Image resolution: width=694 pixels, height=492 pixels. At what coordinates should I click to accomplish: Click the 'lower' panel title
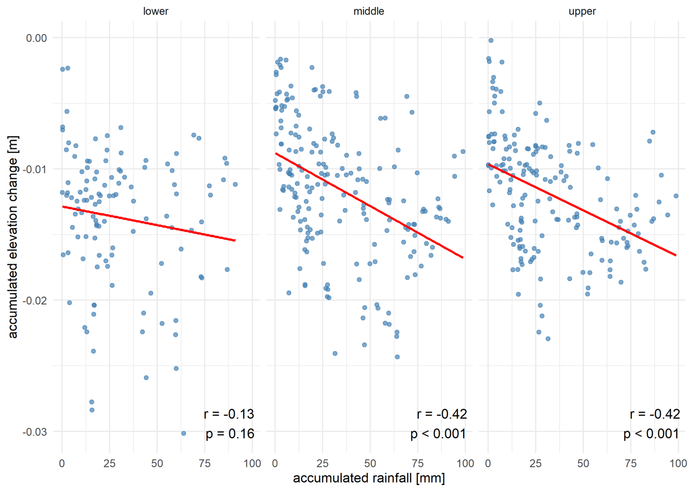click(x=156, y=11)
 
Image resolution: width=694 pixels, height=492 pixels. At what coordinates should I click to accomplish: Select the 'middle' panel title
click(x=369, y=11)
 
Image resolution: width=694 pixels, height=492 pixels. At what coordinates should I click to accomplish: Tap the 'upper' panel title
click(x=582, y=11)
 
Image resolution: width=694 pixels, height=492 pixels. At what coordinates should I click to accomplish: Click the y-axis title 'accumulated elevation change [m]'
click(x=13, y=237)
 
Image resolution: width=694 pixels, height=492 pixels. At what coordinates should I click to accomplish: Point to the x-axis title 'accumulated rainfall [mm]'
click(x=369, y=478)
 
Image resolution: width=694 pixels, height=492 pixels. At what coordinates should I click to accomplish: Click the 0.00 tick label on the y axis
click(x=36, y=38)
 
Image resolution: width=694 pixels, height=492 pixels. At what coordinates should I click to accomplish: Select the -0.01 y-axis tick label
click(x=35, y=169)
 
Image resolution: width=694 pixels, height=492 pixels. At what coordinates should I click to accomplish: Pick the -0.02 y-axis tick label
click(x=35, y=300)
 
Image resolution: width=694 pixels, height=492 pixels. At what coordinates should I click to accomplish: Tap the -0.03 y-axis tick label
click(x=35, y=432)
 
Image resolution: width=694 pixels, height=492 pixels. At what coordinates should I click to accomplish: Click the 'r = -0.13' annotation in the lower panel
click(x=229, y=414)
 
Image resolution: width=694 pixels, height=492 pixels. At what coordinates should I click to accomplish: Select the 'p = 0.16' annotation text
click(x=230, y=434)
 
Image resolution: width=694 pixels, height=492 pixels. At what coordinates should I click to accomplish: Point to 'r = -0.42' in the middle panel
click(x=442, y=414)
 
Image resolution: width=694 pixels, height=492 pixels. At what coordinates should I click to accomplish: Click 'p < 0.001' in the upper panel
click(x=651, y=434)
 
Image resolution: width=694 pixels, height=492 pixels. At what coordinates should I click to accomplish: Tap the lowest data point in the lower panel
click(x=184, y=433)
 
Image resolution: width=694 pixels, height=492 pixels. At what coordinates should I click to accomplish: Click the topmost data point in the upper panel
click(x=491, y=40)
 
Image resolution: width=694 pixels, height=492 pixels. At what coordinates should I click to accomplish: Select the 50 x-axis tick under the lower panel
click(x=157, y=463)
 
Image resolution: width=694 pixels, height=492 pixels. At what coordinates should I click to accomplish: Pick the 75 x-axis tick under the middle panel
click(x=417, y=463)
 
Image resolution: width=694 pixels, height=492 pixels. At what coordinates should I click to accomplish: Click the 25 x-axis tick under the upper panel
click(x=536, y=463)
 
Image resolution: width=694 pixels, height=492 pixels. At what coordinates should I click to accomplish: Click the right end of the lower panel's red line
click(x=235, y=240)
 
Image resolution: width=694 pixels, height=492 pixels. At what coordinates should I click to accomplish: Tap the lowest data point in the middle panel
click(x=397, y=357)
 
